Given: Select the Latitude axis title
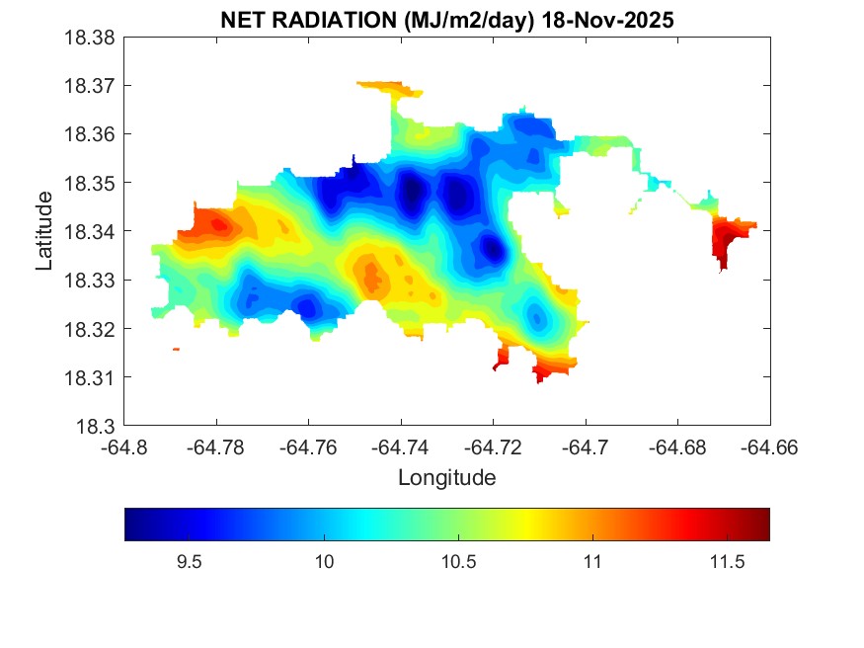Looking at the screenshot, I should click(x=44, y=232).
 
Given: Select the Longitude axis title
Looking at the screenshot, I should click(x=446, y=478).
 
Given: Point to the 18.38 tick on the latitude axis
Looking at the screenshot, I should click(x=92, y=38).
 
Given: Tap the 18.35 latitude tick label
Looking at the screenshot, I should click(x=92, y=183).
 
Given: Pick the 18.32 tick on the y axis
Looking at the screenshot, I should click(x=92, y=329).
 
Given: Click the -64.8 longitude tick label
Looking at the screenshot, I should click(x=124, y=447).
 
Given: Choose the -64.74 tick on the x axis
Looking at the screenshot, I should click(x=401, y=447).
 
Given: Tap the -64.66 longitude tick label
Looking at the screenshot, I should click(x=769, y=447).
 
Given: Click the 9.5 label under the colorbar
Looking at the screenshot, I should click(x=189, y=562).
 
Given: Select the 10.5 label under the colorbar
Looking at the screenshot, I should click(x=458, y=562).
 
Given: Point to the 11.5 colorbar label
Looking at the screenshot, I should click(x=726, y=562).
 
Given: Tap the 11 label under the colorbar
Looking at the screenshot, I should click(x=591, y=562).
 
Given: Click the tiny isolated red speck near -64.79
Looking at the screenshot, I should click(x=176, y=349).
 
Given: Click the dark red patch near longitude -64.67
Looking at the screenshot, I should click(x=728, y=240).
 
